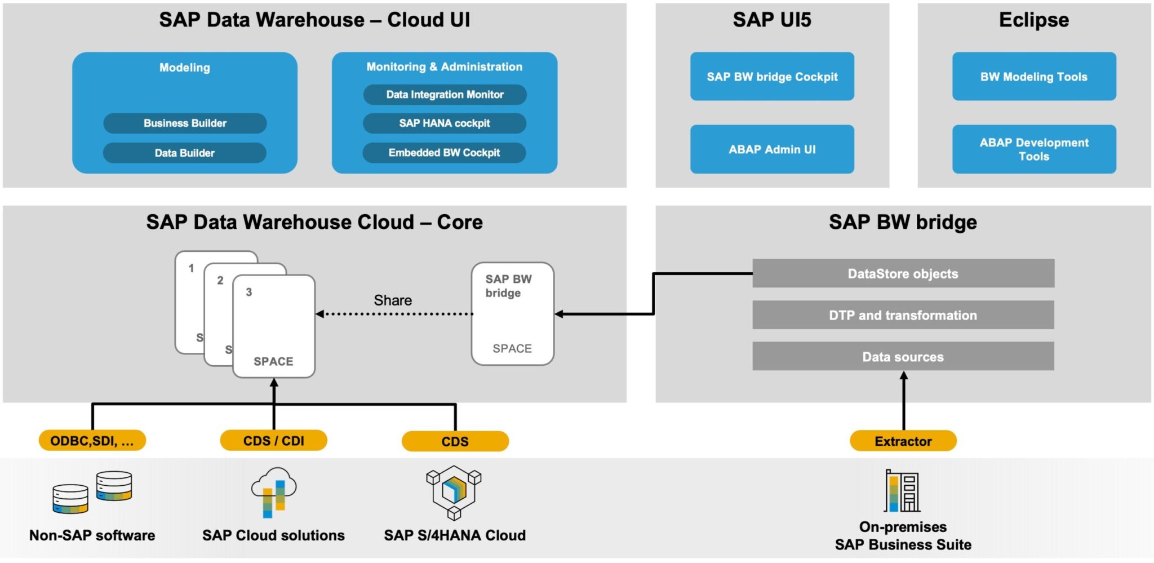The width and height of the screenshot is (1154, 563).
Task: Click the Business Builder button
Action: tap(185, 123)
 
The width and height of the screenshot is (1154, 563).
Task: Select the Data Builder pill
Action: tap(185, 153)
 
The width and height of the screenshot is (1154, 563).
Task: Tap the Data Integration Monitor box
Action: tap(445, 95)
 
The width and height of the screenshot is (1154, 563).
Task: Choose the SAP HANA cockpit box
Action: tap(445, 123)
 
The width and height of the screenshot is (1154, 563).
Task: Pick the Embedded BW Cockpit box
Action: tap(444, 153)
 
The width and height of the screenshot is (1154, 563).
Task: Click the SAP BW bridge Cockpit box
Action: tap(772, 77)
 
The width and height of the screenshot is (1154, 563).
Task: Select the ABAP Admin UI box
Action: tap(772, 149)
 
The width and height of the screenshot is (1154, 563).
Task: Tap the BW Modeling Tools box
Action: tap(1034, 77)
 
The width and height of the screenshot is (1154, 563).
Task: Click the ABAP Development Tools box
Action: tap(1034, 149)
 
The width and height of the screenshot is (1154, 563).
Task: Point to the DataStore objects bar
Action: tap(903, 273)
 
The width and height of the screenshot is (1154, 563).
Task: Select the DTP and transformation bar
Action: tap(903, 315)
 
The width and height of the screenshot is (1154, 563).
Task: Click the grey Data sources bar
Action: tap(903, 356)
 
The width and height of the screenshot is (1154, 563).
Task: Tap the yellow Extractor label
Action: tap(903, 441)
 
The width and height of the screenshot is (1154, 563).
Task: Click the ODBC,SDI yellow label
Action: tap(92, 440)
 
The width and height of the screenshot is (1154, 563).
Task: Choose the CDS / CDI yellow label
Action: tap(273, 440)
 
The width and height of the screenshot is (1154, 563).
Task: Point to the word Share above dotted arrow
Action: tap(393, 300)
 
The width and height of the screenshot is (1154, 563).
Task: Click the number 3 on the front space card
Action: tap(248, 292)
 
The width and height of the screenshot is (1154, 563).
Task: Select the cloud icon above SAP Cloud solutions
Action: tap(274, 492)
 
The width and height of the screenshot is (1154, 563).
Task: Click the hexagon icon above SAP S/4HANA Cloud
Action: tap(454, 492)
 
